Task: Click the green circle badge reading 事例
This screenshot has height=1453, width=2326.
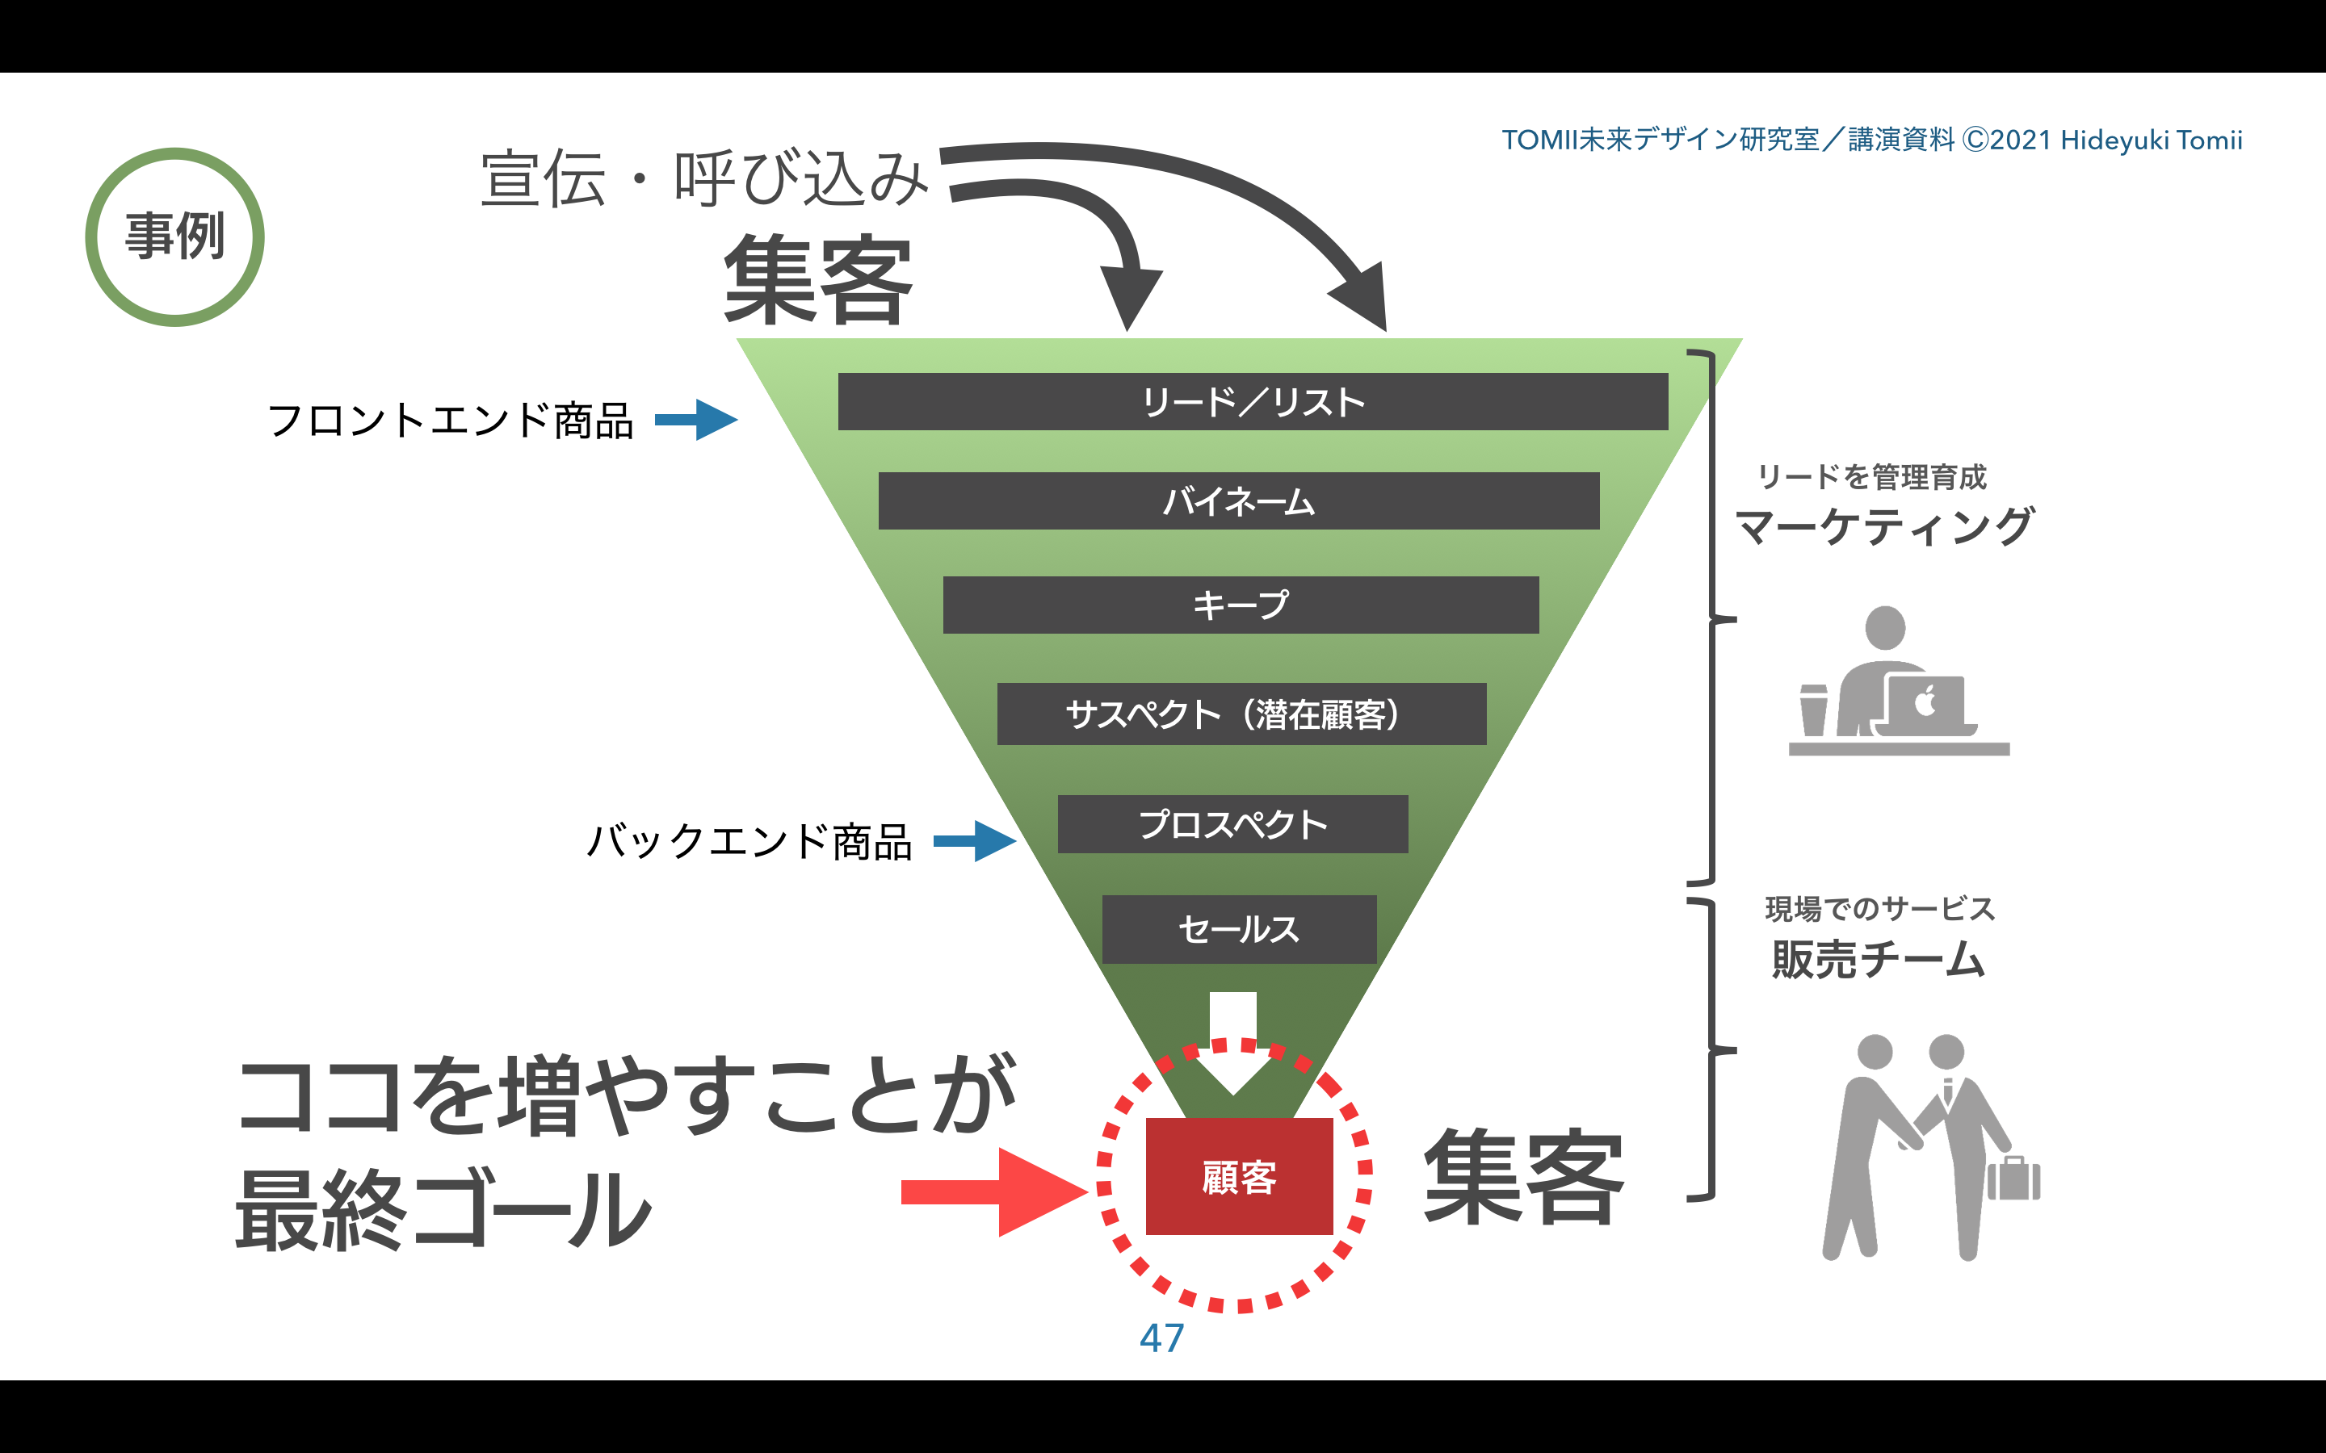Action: pos(175,237)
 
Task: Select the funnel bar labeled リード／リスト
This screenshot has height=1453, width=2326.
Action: pos(1253,402)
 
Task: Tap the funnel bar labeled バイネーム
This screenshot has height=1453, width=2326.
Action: pos(1238,500)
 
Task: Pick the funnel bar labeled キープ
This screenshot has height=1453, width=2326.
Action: pos(1240,605)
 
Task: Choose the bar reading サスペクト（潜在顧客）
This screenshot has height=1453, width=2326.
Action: pos(1241,714)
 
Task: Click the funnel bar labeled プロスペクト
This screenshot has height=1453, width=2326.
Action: pos(1232,823)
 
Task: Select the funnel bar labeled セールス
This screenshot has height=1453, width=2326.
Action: pos(1239,929)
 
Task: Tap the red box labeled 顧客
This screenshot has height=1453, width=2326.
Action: pos(1239,1176)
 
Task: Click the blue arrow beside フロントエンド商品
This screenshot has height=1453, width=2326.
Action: pos(696,420)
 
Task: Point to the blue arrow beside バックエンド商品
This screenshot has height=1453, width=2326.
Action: pos(975,841)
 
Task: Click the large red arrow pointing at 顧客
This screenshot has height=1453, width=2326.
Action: pos(995,1191)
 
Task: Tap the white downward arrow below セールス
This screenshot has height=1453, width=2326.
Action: pos(1233,1043)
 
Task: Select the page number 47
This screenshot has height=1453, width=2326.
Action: pos(1162,1338)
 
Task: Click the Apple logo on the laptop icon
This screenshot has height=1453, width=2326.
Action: pos(1925,701)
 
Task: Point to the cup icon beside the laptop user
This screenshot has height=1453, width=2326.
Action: pos(1812,710)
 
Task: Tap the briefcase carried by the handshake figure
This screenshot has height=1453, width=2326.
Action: pos(2013,1179)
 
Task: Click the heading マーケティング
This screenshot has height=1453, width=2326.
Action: pos(1884,526)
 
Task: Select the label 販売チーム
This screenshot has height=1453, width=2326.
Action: pos(1878,959)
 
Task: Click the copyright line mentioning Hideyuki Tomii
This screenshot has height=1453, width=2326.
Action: pos(1871,140)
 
